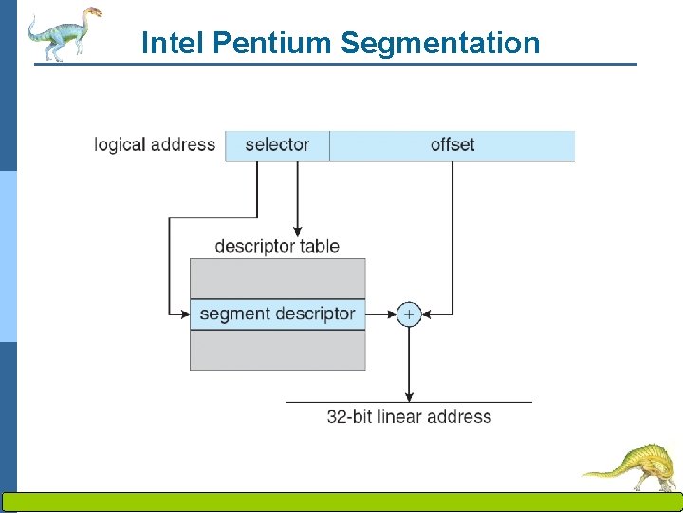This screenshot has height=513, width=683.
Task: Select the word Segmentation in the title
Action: tap(439, 43)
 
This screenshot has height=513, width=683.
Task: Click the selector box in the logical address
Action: tap(277, 145)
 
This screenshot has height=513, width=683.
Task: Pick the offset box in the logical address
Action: tap(452, 145)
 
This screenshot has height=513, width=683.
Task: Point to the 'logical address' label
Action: tap(155, 145)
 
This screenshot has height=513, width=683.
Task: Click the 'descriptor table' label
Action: tap(277, 246)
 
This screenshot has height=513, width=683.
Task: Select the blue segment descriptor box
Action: tap(277, 313)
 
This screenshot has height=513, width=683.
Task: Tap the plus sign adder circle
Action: tap(409, 313)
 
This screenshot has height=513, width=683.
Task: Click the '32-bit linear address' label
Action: tap(409, 416)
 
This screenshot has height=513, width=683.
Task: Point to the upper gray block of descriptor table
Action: tap(277, 277)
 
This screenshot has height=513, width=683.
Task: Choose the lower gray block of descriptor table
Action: tap(277, 350)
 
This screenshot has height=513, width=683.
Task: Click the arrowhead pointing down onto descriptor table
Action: tap(298, 231)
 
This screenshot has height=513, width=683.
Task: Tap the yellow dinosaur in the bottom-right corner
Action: tap(633, 465)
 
